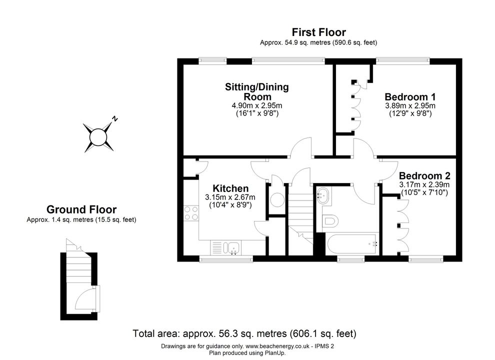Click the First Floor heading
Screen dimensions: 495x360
pos(318,32)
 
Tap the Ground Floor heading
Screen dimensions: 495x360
pos(81,209)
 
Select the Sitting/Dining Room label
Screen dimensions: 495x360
pos(257,91)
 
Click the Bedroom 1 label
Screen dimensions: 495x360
pos(410,96)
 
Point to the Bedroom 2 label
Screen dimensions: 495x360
pos(424,175)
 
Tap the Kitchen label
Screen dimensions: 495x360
pos(230,188)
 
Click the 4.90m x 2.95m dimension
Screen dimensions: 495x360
pos(257,105)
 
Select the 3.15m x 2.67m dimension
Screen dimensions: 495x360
pos(230,197)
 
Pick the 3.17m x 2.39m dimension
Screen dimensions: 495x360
pos(424,184)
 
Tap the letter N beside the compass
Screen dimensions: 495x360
pos(115,119)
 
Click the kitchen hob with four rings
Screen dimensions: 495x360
pos(191,213)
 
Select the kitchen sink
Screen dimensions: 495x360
pos(231,248)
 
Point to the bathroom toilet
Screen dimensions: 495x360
pos(330,220)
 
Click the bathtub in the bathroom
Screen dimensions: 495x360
pos(352,244)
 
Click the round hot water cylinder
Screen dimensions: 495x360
pos(277,199)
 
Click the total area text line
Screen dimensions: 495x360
pos(244,333)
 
